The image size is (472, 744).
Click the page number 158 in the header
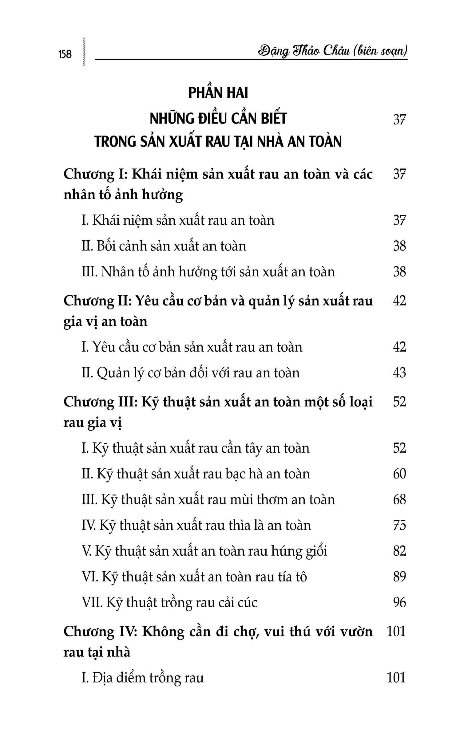(65, 54)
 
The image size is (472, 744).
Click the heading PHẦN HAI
(218, 93)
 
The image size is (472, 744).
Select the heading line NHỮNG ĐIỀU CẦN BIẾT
(218, 119)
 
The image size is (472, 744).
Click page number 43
(399, 373)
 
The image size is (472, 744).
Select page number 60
(399, 474)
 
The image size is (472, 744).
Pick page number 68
(399, 500)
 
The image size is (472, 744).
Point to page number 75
(399, 526)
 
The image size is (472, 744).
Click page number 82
(399, 551)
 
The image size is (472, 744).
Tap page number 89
(399, 577)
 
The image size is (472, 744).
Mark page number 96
(399, 603)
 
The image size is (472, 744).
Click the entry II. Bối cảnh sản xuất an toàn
(164, 246)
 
